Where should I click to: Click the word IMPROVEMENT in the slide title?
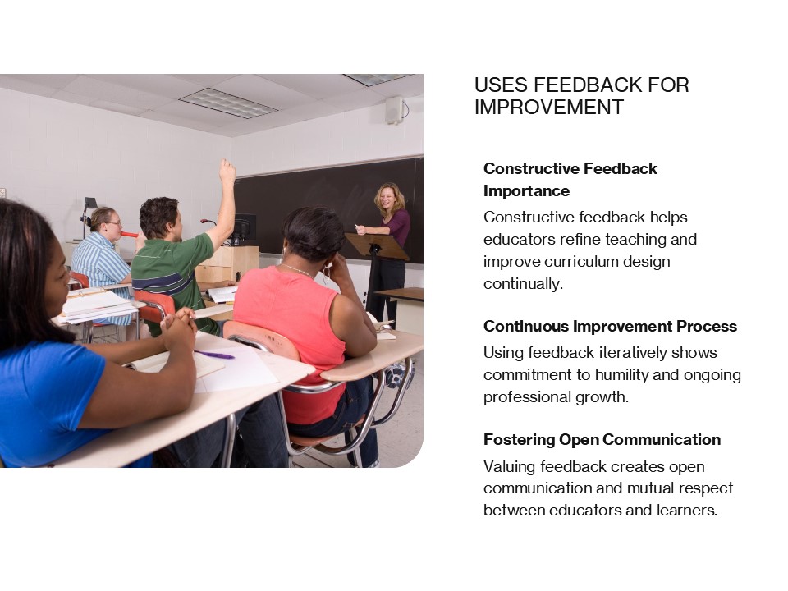tap(549, 108)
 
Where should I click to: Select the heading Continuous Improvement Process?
tap(610, 326)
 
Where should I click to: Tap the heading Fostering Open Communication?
tap(602, 439)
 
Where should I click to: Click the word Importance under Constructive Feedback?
tap(526, 190)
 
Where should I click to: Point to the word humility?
tap(645, 375)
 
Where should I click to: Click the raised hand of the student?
tap(227, 171)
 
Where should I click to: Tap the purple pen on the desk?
tap(214, 355)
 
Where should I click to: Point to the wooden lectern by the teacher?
tap(376, 246)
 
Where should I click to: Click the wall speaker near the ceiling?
tap(395, 109)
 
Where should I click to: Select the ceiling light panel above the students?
tap(227, 103)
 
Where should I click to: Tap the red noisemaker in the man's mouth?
tap(129, 234)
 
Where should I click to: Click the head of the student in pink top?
tap(313, 232)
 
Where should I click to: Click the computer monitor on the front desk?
tap(245, 229)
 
